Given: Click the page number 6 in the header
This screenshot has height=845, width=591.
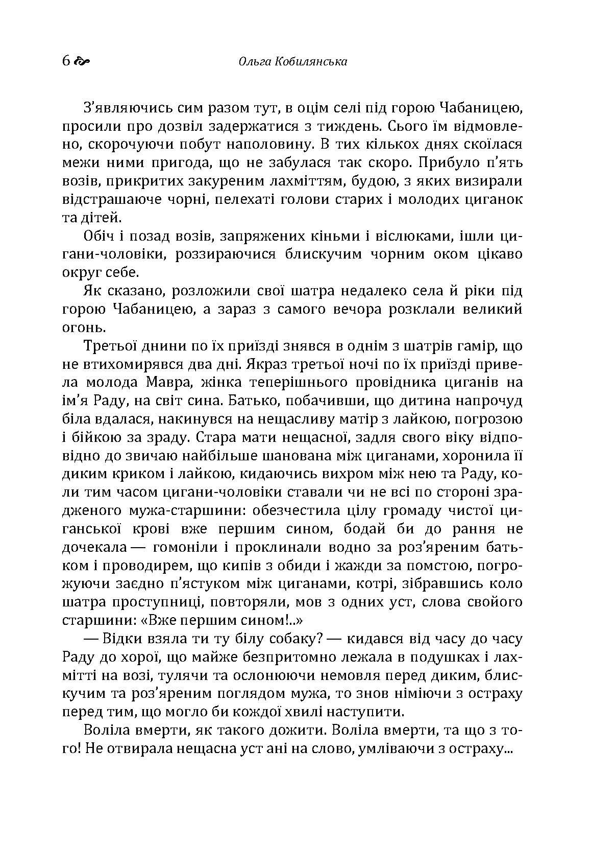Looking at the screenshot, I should (x=66, y=61).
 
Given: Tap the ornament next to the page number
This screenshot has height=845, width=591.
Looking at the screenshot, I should (x=82, y=62).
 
